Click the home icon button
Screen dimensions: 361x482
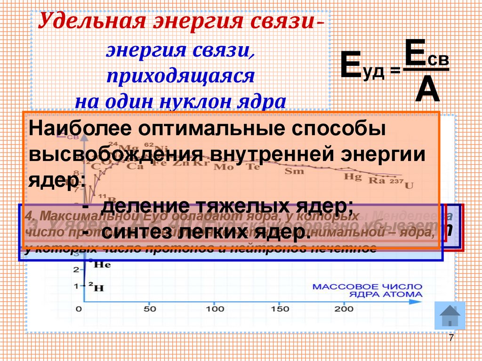450,315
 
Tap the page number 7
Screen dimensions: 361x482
451,338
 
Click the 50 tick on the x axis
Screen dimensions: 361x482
150,309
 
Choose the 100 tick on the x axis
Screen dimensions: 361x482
215,309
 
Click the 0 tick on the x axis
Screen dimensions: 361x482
79,309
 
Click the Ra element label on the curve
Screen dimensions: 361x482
376,180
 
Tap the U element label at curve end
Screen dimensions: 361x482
409,185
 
